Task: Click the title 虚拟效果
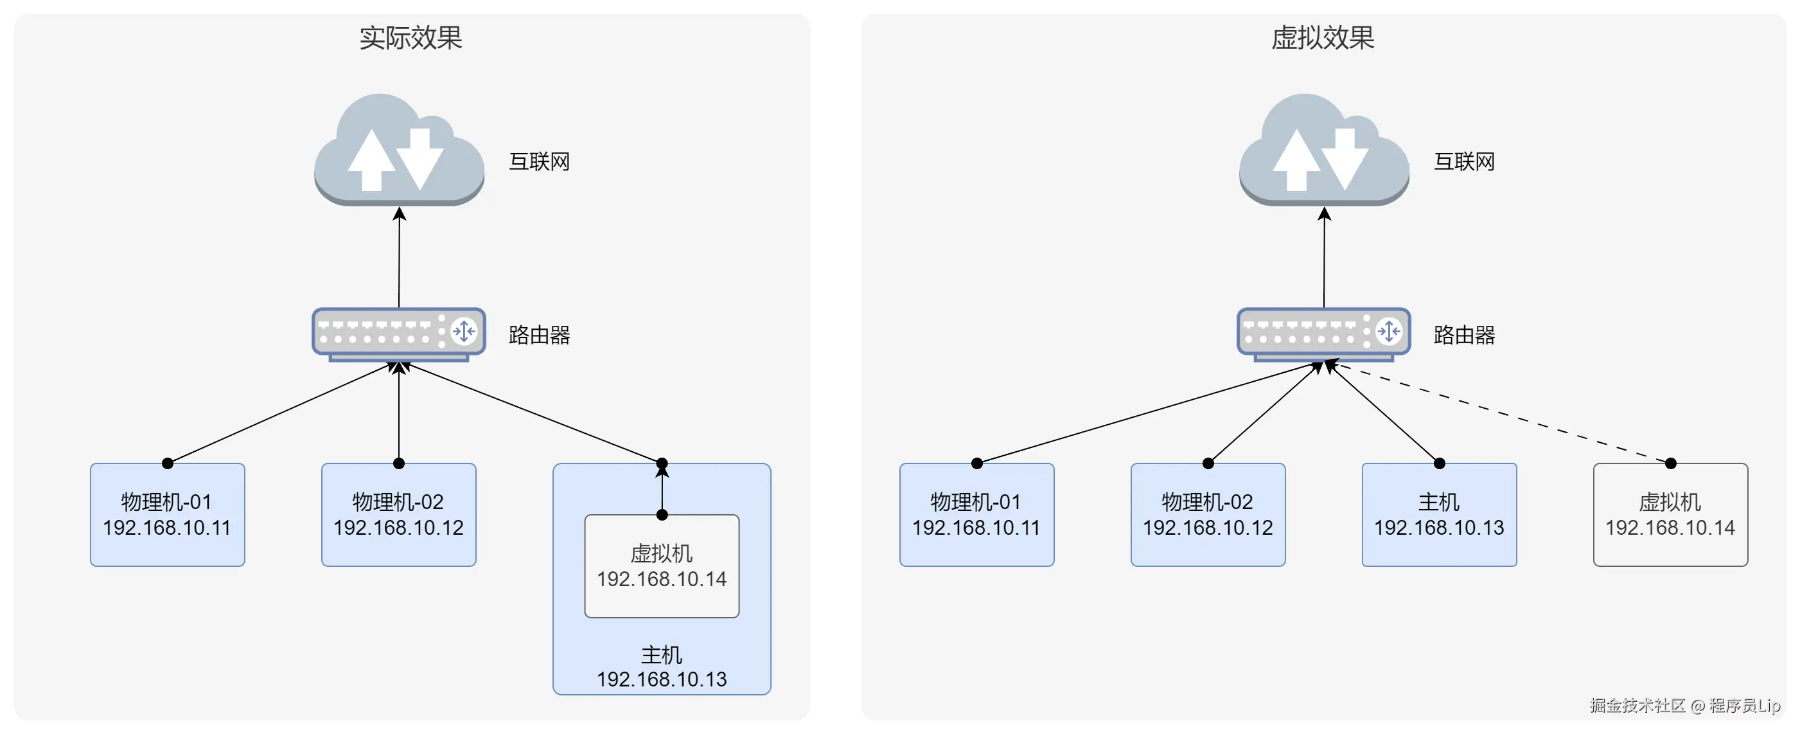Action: pyautogui.click(x=1322, y=38)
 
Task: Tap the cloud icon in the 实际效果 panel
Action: pyautogui.click(x=399, y=150)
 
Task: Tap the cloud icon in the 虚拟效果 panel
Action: pyautogui.click(x=1323, y=150)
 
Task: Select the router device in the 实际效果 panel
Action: pyautogui.click(x=398, y=334)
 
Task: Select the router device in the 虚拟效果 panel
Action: pyautogui.click(x=1323, y=334)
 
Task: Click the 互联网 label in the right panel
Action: pyautogui.click(x=1464, y=162)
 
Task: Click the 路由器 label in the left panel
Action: pyautogui.click(x=539, y=336)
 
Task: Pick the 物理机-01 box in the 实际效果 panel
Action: pyautogui.click(x=167, y=514)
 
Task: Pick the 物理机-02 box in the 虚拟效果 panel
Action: pyautogui.click(x=1208, y=514)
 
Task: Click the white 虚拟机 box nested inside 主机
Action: pyautogui.click(x=662, y=566)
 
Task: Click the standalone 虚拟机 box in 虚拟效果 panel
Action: pyautogui.click(x=1670, y=514)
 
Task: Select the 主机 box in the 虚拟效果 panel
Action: pyautogui.click(x=1439, y=514)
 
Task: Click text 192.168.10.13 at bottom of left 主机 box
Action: pyautogui.click(x=662, y=679)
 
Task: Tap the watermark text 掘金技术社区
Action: pyautogui.click(x=1637, y=705)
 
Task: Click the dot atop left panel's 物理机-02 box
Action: pyautogui.click(x=399, y=463)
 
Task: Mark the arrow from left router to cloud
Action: pyautogui.click(x=399, y=258)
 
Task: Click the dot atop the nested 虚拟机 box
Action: pyautogui.click(x=662, y=515)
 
